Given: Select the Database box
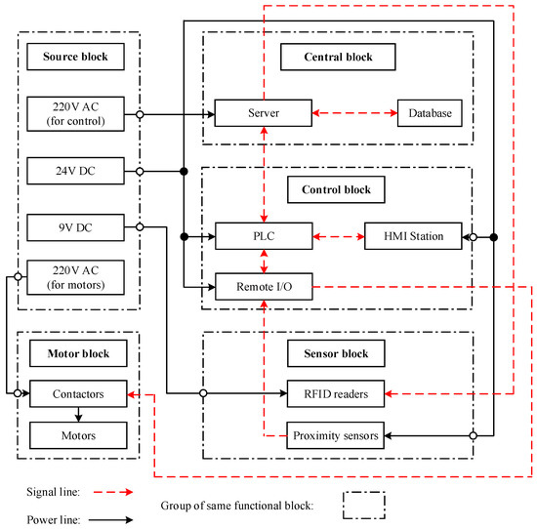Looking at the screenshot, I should pyautogui.click(x=430, y=114).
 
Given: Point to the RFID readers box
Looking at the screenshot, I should pyautogui.click(x=336, y=394).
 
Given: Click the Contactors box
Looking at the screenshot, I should pyautogui.click(x=78, y=394).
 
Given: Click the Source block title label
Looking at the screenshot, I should pyautogui.click(x=75, y=57).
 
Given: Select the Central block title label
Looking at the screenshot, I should pyautogui.click(x=338, y=57).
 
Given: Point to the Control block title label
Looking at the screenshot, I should pyautogui.click(x=338, y=184).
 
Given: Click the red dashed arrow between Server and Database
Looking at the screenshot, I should pyautogui.click(x=353, y=114).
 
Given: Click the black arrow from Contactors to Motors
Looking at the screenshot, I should pyautogui.click(x=78, y=414).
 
